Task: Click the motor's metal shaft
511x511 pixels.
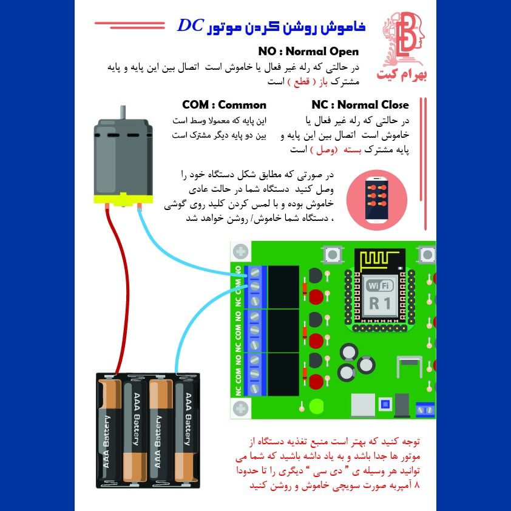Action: pyautogui.click(x=123, y=112)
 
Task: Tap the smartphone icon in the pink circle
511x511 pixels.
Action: pyautogui.click(x=377, y=200)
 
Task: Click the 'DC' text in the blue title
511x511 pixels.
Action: pyautogui.click(x=191, y=25)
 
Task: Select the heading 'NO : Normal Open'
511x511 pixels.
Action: pyautogui.click(x=308, y=52)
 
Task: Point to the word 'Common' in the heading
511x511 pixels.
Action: pyautogui.click(x=242, y=105)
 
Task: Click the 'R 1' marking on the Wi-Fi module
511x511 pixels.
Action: pyautogui.click(x=380, y=303)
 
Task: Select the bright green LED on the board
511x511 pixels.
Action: pyautogui.click(x=316, y=406)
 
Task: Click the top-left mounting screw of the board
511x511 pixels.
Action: pyautogui.click(x=241, y=252)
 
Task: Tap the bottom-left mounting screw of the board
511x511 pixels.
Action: pyautogui.click(x=241, y=408)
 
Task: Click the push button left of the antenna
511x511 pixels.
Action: pyautogui.click(x=332, y=254)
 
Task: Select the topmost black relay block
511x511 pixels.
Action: pyautogui.click(x=283, y=287)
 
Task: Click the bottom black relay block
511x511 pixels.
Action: pyautogui.click(x=283, y=374)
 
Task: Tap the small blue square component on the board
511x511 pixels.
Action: pyautogui.click(x=385, y=404)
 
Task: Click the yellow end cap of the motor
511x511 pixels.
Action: pyautogui.click(x=123, y=200)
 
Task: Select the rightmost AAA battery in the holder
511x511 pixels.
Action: pyautogui.click(x=187, y=430)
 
